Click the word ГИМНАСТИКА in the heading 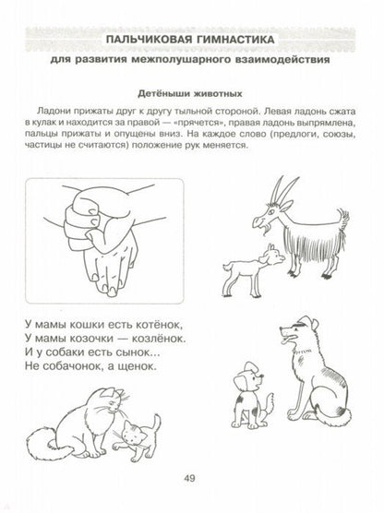(239, 40)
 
